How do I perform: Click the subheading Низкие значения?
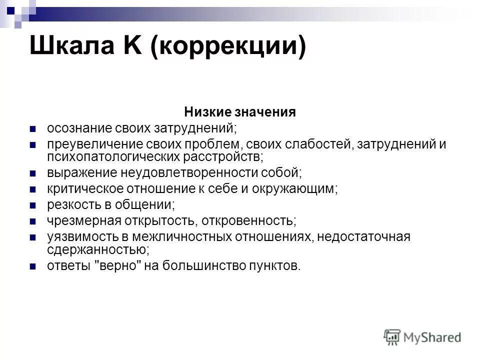click(x=240, y=112)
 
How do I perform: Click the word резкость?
click(x=70, y=204)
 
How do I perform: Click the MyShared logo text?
click(x=430, y=337)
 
